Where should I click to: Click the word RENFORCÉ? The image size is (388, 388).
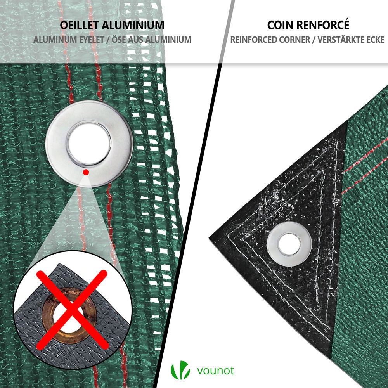pos(324,25)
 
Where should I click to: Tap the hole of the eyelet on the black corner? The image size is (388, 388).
pos(289,244)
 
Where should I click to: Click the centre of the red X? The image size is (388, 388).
pos(72,310)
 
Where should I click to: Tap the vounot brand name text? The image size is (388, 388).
pos(216,371)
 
